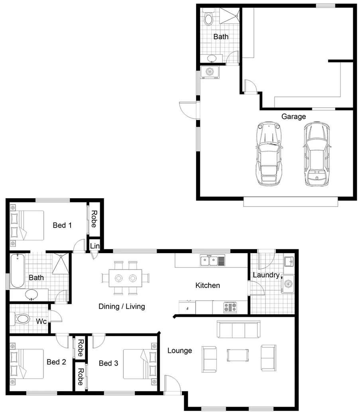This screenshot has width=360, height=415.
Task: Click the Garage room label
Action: [x=293, y=116]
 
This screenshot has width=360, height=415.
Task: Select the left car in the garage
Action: [x=270, y=154]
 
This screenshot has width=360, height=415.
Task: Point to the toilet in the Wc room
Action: [x=22, y=319]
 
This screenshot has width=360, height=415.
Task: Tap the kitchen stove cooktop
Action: [x=230, y=307]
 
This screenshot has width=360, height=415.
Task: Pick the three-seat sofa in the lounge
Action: [x=238, y=329]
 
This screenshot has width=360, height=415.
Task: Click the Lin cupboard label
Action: [x=94, y=246]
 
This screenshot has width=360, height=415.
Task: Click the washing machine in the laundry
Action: [x=288, y=284]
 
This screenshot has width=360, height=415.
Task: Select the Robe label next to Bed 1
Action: [x=93, y=219]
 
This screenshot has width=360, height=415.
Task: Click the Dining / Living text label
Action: [x=122, y=307]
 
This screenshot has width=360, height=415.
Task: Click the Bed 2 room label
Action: [x=56, y=362]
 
